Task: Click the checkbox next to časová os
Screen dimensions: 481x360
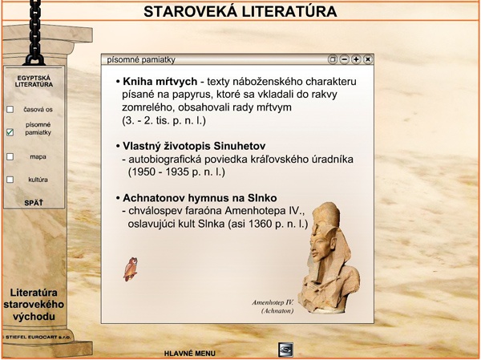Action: point(10,109)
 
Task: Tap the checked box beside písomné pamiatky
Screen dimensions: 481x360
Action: point(10,132)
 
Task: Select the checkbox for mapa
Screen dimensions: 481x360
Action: point(10,156)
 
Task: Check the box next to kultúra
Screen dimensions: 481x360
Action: point(10,180)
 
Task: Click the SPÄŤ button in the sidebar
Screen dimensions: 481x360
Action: point(34,203)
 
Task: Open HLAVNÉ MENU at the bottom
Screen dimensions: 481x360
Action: point(189,354)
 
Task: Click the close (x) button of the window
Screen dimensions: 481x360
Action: point(368,59)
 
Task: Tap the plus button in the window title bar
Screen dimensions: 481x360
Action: point(356,59)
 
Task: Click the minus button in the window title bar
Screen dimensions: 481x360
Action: point(345,59)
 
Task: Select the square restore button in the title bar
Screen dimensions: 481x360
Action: point(333,59)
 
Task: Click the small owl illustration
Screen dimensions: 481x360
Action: point(131,269)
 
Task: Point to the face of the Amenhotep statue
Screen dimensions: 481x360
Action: point(318,245)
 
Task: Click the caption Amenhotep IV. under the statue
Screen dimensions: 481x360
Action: point(273,302)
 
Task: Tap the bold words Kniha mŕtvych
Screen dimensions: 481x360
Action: point(160,82)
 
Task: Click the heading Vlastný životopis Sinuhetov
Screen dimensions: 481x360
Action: point(194,146)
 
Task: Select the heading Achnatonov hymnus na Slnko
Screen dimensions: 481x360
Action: point(200,198)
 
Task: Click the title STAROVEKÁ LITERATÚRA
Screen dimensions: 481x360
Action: point(240,12)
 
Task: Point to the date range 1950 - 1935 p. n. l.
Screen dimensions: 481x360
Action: point(176,172)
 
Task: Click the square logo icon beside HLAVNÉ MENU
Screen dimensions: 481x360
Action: point(285,350)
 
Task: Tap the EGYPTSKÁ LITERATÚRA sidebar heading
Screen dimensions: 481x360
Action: point(34,81)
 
